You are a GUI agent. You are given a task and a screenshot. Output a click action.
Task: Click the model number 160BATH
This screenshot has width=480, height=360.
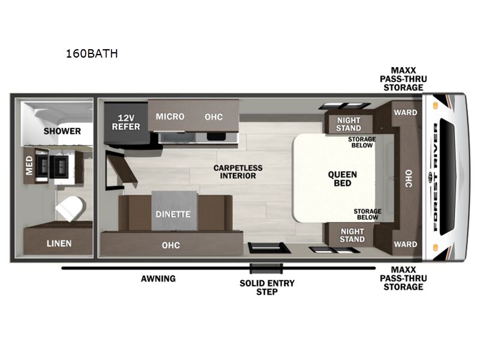coord(92,53)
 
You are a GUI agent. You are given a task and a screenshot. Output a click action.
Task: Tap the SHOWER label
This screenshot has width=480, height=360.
coord(62,131)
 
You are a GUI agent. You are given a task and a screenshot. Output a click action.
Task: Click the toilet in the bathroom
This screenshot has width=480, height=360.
coord(70,208)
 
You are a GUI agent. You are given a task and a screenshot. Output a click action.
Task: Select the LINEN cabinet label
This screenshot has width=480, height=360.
coord(59,244)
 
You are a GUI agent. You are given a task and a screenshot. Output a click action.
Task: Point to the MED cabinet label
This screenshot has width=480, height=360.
coord(29,166)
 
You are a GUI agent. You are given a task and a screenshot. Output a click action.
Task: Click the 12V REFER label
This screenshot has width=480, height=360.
coord(126,122)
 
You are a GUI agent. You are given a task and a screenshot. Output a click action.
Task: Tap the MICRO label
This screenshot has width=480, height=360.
coord(170,116)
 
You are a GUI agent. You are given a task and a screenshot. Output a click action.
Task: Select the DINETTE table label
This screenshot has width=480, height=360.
coord(173,214)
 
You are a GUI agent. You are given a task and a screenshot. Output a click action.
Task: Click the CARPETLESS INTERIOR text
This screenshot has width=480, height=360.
coord(238,172)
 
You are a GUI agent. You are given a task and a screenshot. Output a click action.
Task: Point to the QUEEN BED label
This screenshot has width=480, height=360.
coord(342,179)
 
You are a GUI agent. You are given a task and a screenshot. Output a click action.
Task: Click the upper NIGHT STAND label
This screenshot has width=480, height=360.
coord(349,124)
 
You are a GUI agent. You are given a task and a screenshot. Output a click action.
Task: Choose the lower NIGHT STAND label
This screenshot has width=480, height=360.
coord(352,235)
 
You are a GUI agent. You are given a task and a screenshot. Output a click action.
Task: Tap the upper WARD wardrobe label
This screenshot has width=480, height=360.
coord(406,112)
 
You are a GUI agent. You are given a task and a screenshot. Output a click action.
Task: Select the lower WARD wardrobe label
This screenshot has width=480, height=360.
coord(406,244)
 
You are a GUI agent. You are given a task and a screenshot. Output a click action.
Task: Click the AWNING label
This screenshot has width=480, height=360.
coord(158,278)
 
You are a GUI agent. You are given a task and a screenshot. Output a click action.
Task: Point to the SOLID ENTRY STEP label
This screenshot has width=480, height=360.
coord(267,287)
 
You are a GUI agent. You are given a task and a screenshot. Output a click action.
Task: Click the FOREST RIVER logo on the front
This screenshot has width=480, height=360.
coord(436,177)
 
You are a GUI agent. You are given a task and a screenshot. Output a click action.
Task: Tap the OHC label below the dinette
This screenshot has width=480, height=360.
coord(171,245)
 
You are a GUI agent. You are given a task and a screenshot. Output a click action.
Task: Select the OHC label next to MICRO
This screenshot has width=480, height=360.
coord(214,116)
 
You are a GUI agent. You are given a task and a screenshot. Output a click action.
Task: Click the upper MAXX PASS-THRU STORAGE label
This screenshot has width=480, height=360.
coord(403,79)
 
